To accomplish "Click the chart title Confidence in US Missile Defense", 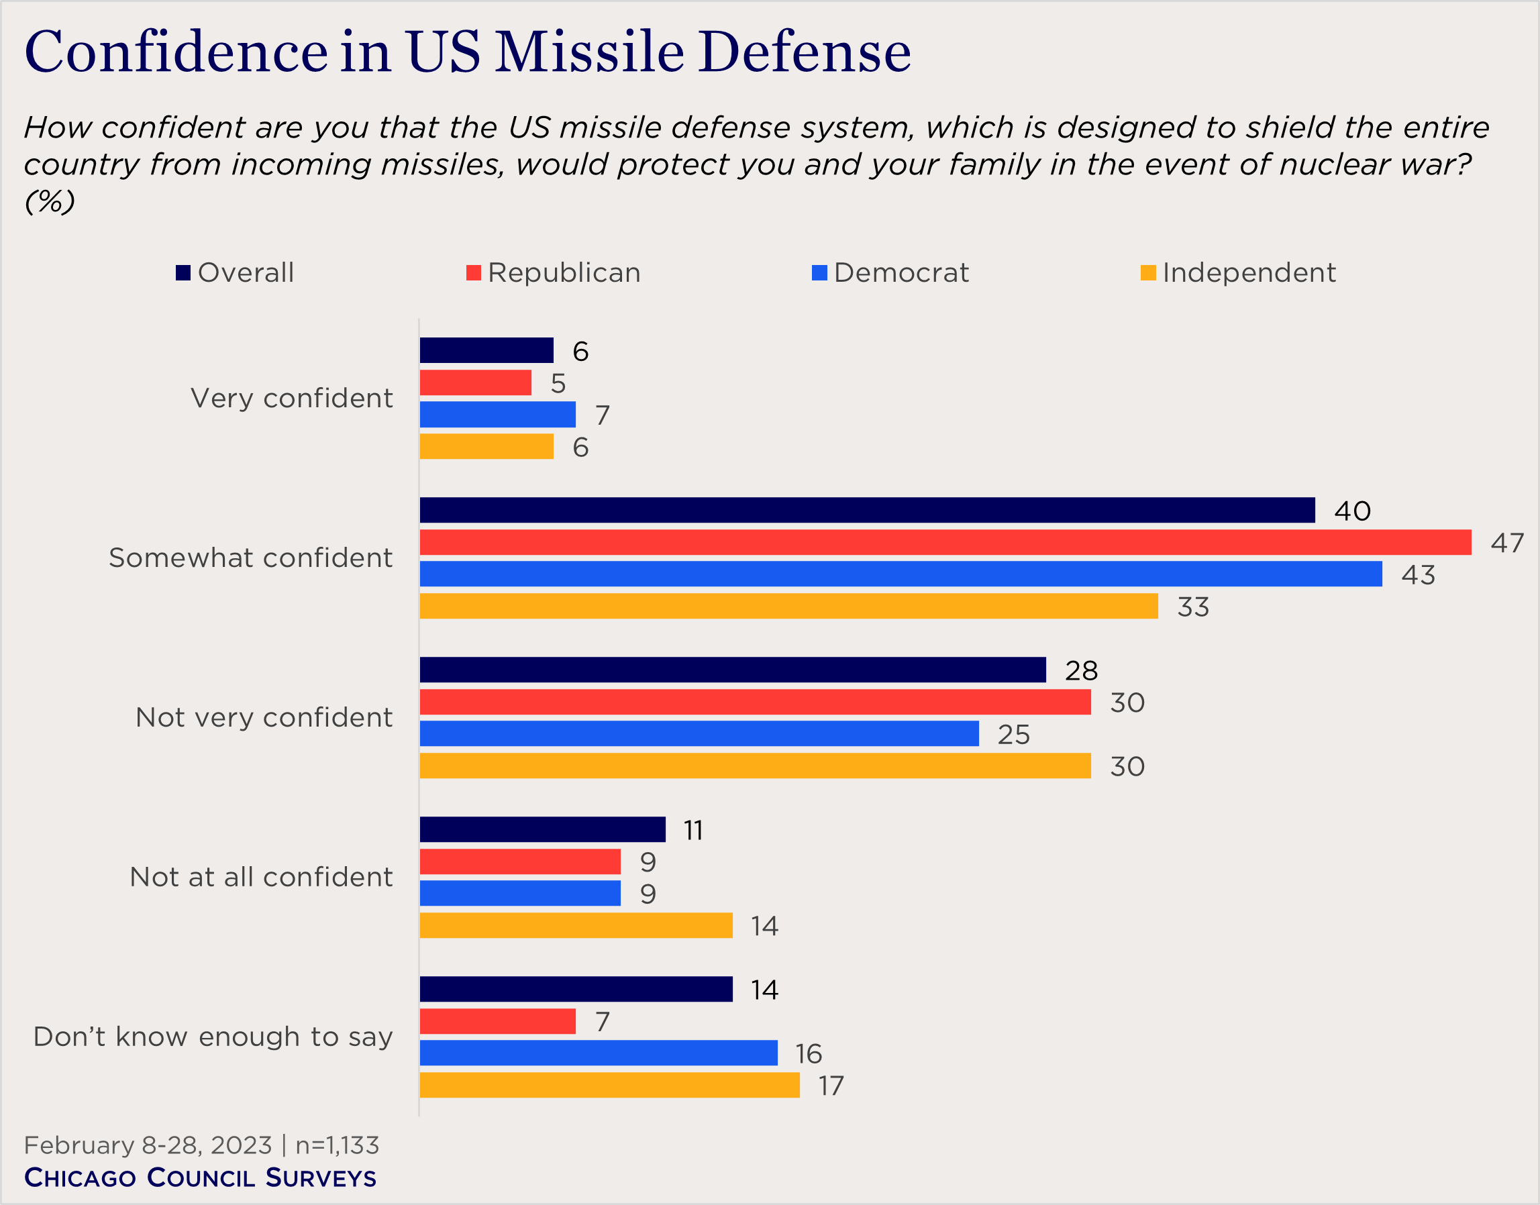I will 467,52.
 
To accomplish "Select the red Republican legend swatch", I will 473,273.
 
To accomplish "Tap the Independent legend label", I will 1249,273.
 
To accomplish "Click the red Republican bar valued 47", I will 945,543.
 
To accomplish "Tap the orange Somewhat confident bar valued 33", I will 788,606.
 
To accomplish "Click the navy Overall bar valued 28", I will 732,670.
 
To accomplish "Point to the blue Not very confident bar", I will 699,734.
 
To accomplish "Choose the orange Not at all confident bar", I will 576,926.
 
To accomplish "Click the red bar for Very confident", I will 475,382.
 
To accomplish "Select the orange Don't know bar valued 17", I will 609,1085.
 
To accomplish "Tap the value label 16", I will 809,1054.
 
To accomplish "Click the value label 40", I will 1351,511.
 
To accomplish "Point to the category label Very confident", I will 291,399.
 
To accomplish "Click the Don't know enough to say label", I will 213,1037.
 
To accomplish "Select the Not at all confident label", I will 261,877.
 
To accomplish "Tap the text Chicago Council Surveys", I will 201,1178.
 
